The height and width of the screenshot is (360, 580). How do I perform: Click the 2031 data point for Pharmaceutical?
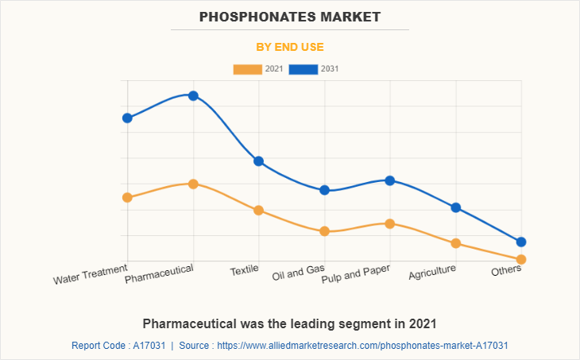pos(193,95)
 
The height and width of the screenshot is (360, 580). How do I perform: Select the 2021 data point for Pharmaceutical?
pos(193,184)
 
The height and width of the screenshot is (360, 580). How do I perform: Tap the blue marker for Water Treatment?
pos(127,118)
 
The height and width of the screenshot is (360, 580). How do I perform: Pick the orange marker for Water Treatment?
pos(127,197)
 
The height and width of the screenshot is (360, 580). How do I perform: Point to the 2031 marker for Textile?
pos(258,161)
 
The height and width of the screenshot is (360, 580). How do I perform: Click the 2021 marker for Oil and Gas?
pos(324,231)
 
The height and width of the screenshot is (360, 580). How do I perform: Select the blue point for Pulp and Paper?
pos(390,180)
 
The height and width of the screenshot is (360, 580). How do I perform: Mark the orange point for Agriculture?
pos(456,243)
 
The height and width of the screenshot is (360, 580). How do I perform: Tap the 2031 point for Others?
pos(521,242)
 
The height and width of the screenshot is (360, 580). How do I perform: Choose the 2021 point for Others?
pos(521,259)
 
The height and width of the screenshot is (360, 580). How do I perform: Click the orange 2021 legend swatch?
pos(247,69)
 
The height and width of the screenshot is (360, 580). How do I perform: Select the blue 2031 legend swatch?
pos(304,69)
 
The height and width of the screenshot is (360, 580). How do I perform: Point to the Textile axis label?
pos(245,270)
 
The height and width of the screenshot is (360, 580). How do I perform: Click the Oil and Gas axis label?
pos(298,273)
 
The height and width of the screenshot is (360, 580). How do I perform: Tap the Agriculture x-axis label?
pos(432,272)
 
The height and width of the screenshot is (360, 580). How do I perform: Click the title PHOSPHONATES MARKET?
pos(290,16)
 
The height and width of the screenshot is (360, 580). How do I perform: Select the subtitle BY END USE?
pos(290,47)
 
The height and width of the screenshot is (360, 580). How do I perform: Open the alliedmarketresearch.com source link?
pos(362,346)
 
